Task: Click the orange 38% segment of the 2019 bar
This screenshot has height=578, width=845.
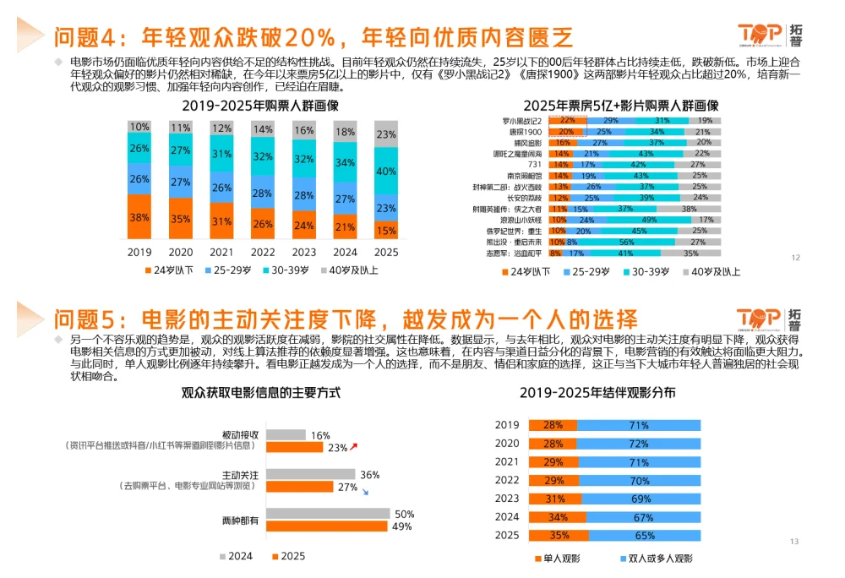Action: tap(140, 217)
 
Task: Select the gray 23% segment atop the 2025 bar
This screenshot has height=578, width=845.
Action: tap(386, 134)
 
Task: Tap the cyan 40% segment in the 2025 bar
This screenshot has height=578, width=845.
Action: tap(386, 172)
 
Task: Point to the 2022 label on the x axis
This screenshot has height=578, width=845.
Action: tap(263, 252)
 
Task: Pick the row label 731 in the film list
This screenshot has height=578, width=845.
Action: tap(535, 165)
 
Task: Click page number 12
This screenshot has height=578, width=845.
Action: tap(795, 258)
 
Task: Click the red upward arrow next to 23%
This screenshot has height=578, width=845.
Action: tap(355, 445)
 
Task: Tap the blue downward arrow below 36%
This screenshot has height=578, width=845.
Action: tap(364, 491)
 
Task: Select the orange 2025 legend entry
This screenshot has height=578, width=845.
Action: tap(288, 556)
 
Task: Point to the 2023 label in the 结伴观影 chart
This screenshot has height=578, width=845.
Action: tap(507, 499)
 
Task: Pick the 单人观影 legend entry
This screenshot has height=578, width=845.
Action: tap(558, 559)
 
